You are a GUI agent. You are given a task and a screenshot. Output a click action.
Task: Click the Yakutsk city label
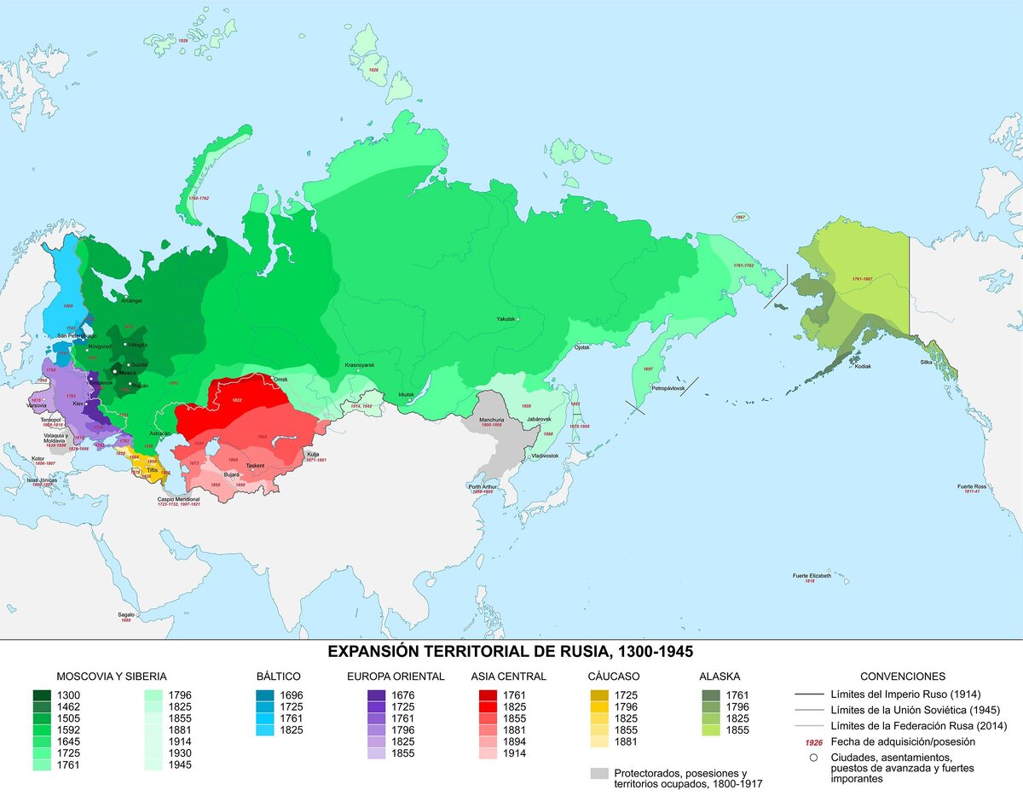pos(506,319)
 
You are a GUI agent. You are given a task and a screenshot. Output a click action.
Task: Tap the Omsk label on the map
pos(280,379)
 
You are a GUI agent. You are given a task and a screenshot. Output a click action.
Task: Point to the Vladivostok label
pos(544,456)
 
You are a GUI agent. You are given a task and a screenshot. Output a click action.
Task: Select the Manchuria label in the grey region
pos(493,421)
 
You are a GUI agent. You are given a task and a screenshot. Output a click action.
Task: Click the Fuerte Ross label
pos(971,486)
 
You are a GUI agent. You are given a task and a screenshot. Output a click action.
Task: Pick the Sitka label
pos(927,363)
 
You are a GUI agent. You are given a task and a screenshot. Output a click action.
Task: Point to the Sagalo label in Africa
pos(126,614)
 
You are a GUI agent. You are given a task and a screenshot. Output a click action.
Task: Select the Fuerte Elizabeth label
pos(811,576)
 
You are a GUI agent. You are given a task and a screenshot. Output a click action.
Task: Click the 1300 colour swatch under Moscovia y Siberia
pos(40,695)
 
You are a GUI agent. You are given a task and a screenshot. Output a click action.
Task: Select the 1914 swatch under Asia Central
pos(488,754)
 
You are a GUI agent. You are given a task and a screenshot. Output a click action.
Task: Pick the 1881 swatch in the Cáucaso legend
pos(600,742)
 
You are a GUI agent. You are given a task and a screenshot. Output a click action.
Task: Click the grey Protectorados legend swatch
pos(600,772)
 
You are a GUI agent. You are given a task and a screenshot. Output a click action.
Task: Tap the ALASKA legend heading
pos(720,677)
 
